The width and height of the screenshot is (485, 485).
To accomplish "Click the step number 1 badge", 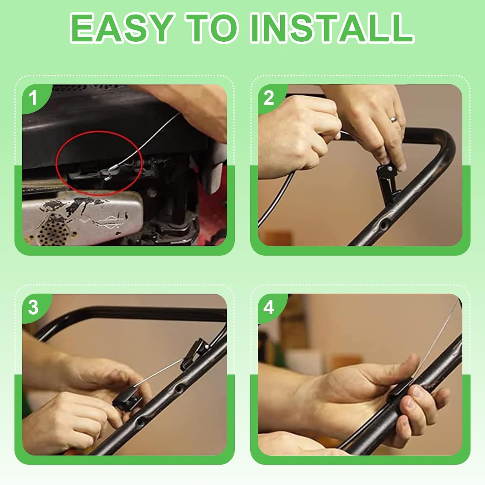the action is pos(33,98).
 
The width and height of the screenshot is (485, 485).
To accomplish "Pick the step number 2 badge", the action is pos(269,98).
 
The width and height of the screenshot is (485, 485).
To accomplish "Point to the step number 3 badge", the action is pos(33,307).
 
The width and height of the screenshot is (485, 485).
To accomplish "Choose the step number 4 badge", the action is pos(269,307).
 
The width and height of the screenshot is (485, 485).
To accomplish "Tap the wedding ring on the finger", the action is pos(394,119).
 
